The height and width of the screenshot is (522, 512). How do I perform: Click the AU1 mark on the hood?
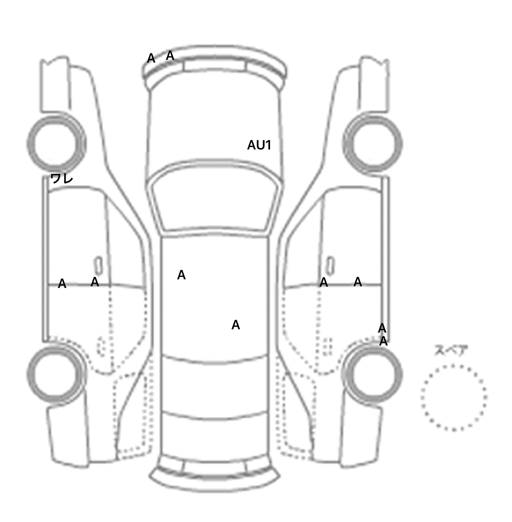click(x=259, y=145)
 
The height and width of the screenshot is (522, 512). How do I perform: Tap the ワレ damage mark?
click(x=62, y=178)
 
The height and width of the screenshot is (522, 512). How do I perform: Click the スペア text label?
click(x=450, y=350)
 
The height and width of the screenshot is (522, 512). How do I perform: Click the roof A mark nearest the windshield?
click(x=181, y=275)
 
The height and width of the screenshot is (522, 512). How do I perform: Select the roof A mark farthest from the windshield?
click(x=236, y=325)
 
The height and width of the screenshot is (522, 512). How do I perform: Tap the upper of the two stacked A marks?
click(x=382, y=328)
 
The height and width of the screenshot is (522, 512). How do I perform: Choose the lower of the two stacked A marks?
click(x=383, y=341)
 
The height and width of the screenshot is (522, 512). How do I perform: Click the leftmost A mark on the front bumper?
click(x=151, y=58)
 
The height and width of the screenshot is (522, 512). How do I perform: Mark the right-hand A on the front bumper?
click(x=170, y=56)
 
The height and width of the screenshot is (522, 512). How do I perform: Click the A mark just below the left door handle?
click(x=95, y=282)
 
